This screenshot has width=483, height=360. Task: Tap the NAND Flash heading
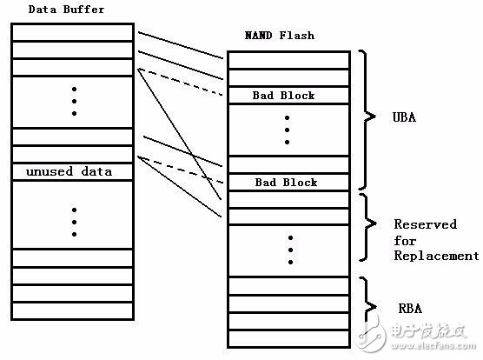tap(281, 36)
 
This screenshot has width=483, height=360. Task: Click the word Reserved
tap(425, 224)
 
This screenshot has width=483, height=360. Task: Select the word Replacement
tap(436, 256)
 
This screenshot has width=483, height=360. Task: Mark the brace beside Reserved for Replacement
tap(370, 228)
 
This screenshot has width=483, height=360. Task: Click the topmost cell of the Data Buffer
tap(73, 32)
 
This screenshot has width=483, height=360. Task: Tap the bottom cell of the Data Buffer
tap(73, 310)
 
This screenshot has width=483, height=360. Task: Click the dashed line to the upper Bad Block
tap(182, 83)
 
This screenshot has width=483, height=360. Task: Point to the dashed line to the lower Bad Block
tap(182, 168)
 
